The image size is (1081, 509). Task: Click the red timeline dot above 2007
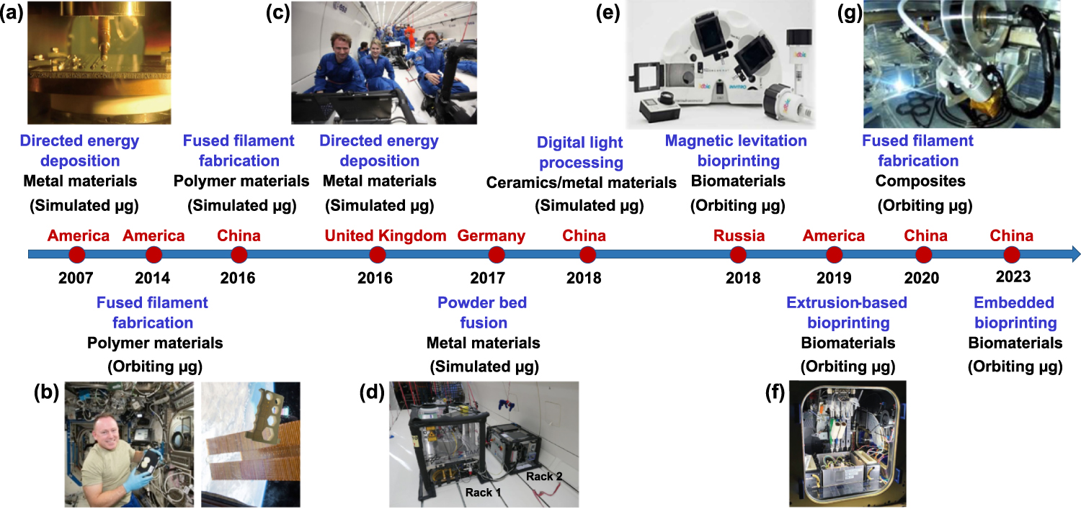77,254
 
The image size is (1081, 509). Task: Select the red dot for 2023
1011,254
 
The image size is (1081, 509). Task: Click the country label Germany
491,235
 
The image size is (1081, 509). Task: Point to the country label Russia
739,235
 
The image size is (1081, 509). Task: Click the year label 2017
497,277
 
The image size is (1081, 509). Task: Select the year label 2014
153,277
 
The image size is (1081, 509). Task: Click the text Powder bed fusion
482,312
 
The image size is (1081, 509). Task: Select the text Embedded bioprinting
1014,312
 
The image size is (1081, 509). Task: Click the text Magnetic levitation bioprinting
736,150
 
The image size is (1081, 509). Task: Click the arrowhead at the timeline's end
1075,253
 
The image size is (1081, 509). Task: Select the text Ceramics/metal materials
581,183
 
